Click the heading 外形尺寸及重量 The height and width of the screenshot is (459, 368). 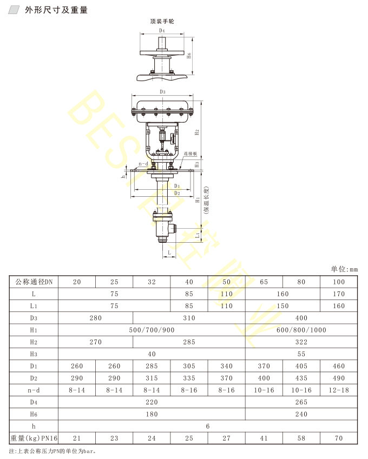pyautogui.click(x=56, y=10)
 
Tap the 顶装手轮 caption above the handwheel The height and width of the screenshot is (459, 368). pyautogui.click(x=162, y=22)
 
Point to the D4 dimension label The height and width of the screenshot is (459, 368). pyautogui.click(x=162, y=30)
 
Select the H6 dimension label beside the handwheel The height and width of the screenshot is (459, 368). pyautogui.click(x=189, y=55)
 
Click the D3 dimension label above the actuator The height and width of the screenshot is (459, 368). pyautogui.click(x=162, y=91)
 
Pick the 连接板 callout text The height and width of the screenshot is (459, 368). pyautogui.click(x=190, y=154)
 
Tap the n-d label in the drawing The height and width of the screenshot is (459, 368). pyautogui.click(x=143, y=164)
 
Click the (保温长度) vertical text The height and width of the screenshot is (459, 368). pyautogui.click(x=207, y=200)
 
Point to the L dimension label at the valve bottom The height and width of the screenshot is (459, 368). pyautogui.click(x=169, y=252)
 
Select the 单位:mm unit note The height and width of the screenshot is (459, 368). pyautogui.click(x=344, y=269)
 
